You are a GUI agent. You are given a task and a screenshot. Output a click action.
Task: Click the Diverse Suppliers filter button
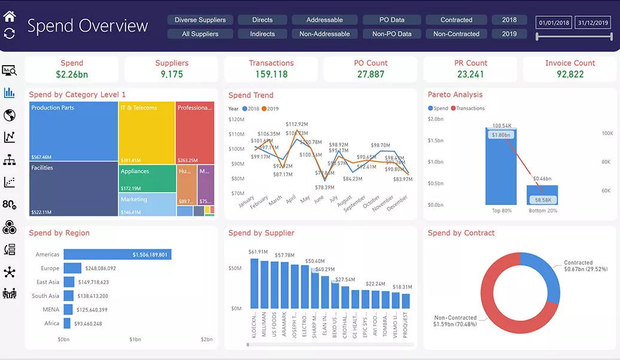(x=200, y=20)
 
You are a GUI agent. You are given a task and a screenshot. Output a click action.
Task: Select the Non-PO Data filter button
(x=392, y=34)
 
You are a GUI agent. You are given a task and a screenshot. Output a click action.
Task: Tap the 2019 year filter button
(x=509, y=34)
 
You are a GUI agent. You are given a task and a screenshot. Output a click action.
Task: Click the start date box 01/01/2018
(x=554, y=23)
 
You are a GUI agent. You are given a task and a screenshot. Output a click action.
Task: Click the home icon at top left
(x=10, y=16)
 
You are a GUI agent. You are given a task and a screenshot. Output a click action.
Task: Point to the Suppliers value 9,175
(x=172, y=74)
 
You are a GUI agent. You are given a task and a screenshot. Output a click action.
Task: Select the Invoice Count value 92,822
(x=570, y=74)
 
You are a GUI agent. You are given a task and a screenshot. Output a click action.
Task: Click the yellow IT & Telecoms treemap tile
(x=146, y=132)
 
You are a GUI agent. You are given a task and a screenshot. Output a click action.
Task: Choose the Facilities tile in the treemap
(x=73, y=189)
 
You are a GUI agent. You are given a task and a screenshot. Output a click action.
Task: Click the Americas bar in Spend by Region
(x=117, y=255)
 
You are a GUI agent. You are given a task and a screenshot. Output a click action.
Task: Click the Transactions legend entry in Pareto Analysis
(x=470, y=108)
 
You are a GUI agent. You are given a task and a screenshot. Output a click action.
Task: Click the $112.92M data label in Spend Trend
(x=297, y=124)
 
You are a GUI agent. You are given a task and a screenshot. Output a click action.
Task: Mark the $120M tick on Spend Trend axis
(x=237, y=119)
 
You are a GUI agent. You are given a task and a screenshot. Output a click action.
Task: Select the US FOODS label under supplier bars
(x=274, y=325)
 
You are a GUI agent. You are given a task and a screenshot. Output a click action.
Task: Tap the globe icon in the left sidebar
(x=10, y=115)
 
